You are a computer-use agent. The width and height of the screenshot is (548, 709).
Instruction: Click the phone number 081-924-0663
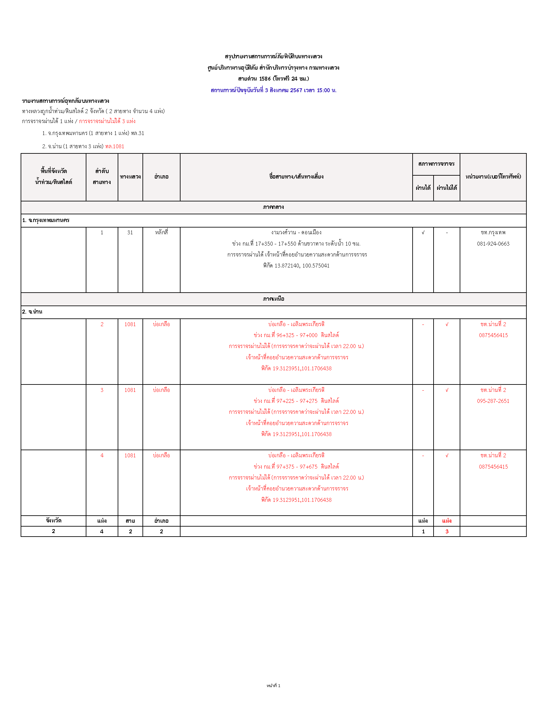pyautogui.click(x=493, y=244)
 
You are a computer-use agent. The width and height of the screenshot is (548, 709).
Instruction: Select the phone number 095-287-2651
pyautogui.click(x=493, y=401)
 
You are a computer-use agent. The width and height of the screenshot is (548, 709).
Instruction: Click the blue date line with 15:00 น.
pyautogui.click(x=273, y=90)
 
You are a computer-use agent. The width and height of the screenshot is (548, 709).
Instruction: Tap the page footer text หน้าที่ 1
pyautogui.click(x=273, y=685)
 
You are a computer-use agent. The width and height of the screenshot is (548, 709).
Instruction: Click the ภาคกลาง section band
pyautogui.click(x=273, y=207)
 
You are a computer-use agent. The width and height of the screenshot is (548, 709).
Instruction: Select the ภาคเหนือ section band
pyautogui.click(x=273, y=299)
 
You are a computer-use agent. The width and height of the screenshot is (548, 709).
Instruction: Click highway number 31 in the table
pyautogui.click(x=130, y=232)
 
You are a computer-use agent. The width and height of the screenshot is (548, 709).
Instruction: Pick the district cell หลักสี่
pyautogui.click(x=161, y=232)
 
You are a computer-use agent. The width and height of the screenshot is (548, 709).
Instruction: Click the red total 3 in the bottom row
pyautogui.click(x=447, y=531)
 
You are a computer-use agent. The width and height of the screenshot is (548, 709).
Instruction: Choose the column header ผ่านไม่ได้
pyautogui.click(x=447, y=188)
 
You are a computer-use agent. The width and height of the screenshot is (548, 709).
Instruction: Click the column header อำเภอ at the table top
pyautogui.click(x=161, y=177)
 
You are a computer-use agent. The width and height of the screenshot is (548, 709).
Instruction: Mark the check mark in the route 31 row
pyautogui.click(x=423, y=232)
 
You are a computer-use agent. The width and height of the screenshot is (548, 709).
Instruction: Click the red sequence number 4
pyautogui.click(x=102, y=455)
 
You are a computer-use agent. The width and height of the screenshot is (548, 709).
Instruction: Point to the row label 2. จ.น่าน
pyautogui.click(x=32, y=312)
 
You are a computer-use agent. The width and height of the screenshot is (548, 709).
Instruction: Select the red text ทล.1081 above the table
pyautogui.click(x=115, y=146)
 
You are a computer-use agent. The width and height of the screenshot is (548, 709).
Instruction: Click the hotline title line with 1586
pyautogui.click(x=273, y=79)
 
